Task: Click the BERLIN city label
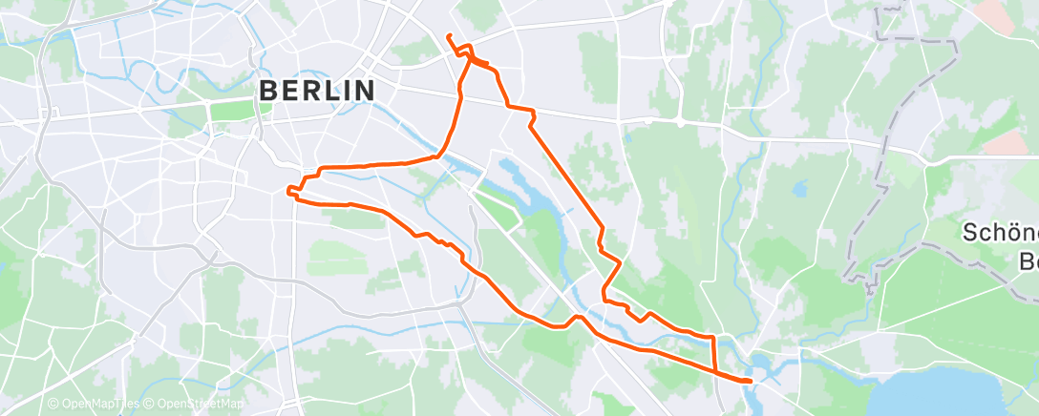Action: (317, 91)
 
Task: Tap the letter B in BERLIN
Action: (269, 91)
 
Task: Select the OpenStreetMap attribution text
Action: (199, 405)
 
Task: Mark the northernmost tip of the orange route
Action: (448, 35)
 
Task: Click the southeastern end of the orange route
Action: (751, 382)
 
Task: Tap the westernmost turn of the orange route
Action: (287, 189)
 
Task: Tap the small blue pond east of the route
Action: (798, 188)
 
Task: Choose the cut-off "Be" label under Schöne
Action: (1028, 260)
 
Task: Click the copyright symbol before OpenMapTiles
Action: (53, 405)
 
